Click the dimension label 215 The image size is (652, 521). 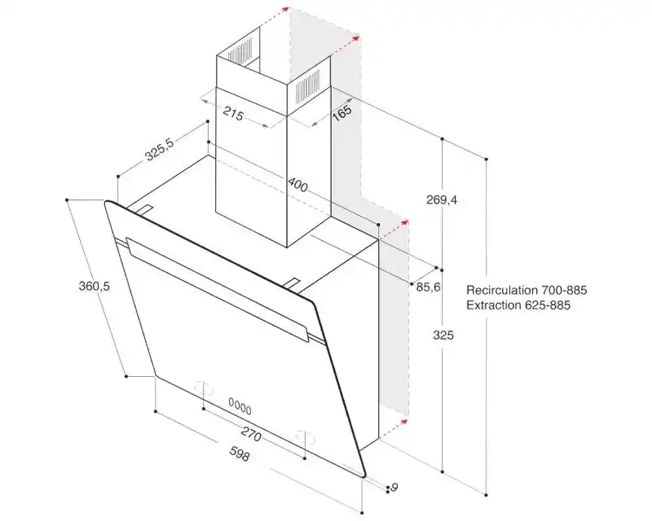[233, 115]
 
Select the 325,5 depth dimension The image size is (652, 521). [159, 151]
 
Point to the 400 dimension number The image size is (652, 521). [297, 186]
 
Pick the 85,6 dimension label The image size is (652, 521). [423, 287]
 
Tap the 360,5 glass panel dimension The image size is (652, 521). [94, 287]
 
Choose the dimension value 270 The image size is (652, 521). [251, 436]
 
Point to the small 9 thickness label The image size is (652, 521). [394, 488]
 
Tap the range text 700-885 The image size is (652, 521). [565, 290]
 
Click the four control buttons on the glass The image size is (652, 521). [240, 405]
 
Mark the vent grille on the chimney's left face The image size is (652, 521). [240, 54]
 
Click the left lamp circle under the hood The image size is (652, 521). [205, 388]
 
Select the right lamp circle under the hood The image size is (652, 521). [303, 436]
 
